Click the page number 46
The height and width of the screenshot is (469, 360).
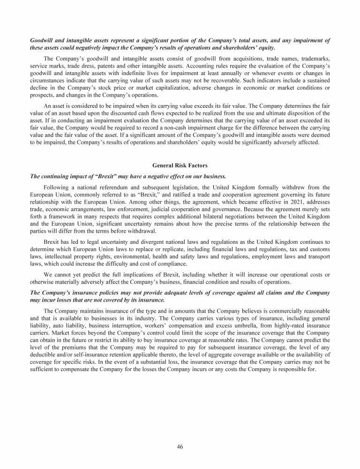tap(180, 446)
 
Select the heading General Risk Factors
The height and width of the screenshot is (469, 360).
tap(180, 165)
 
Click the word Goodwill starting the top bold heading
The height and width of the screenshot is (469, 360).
tap(42, 40)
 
